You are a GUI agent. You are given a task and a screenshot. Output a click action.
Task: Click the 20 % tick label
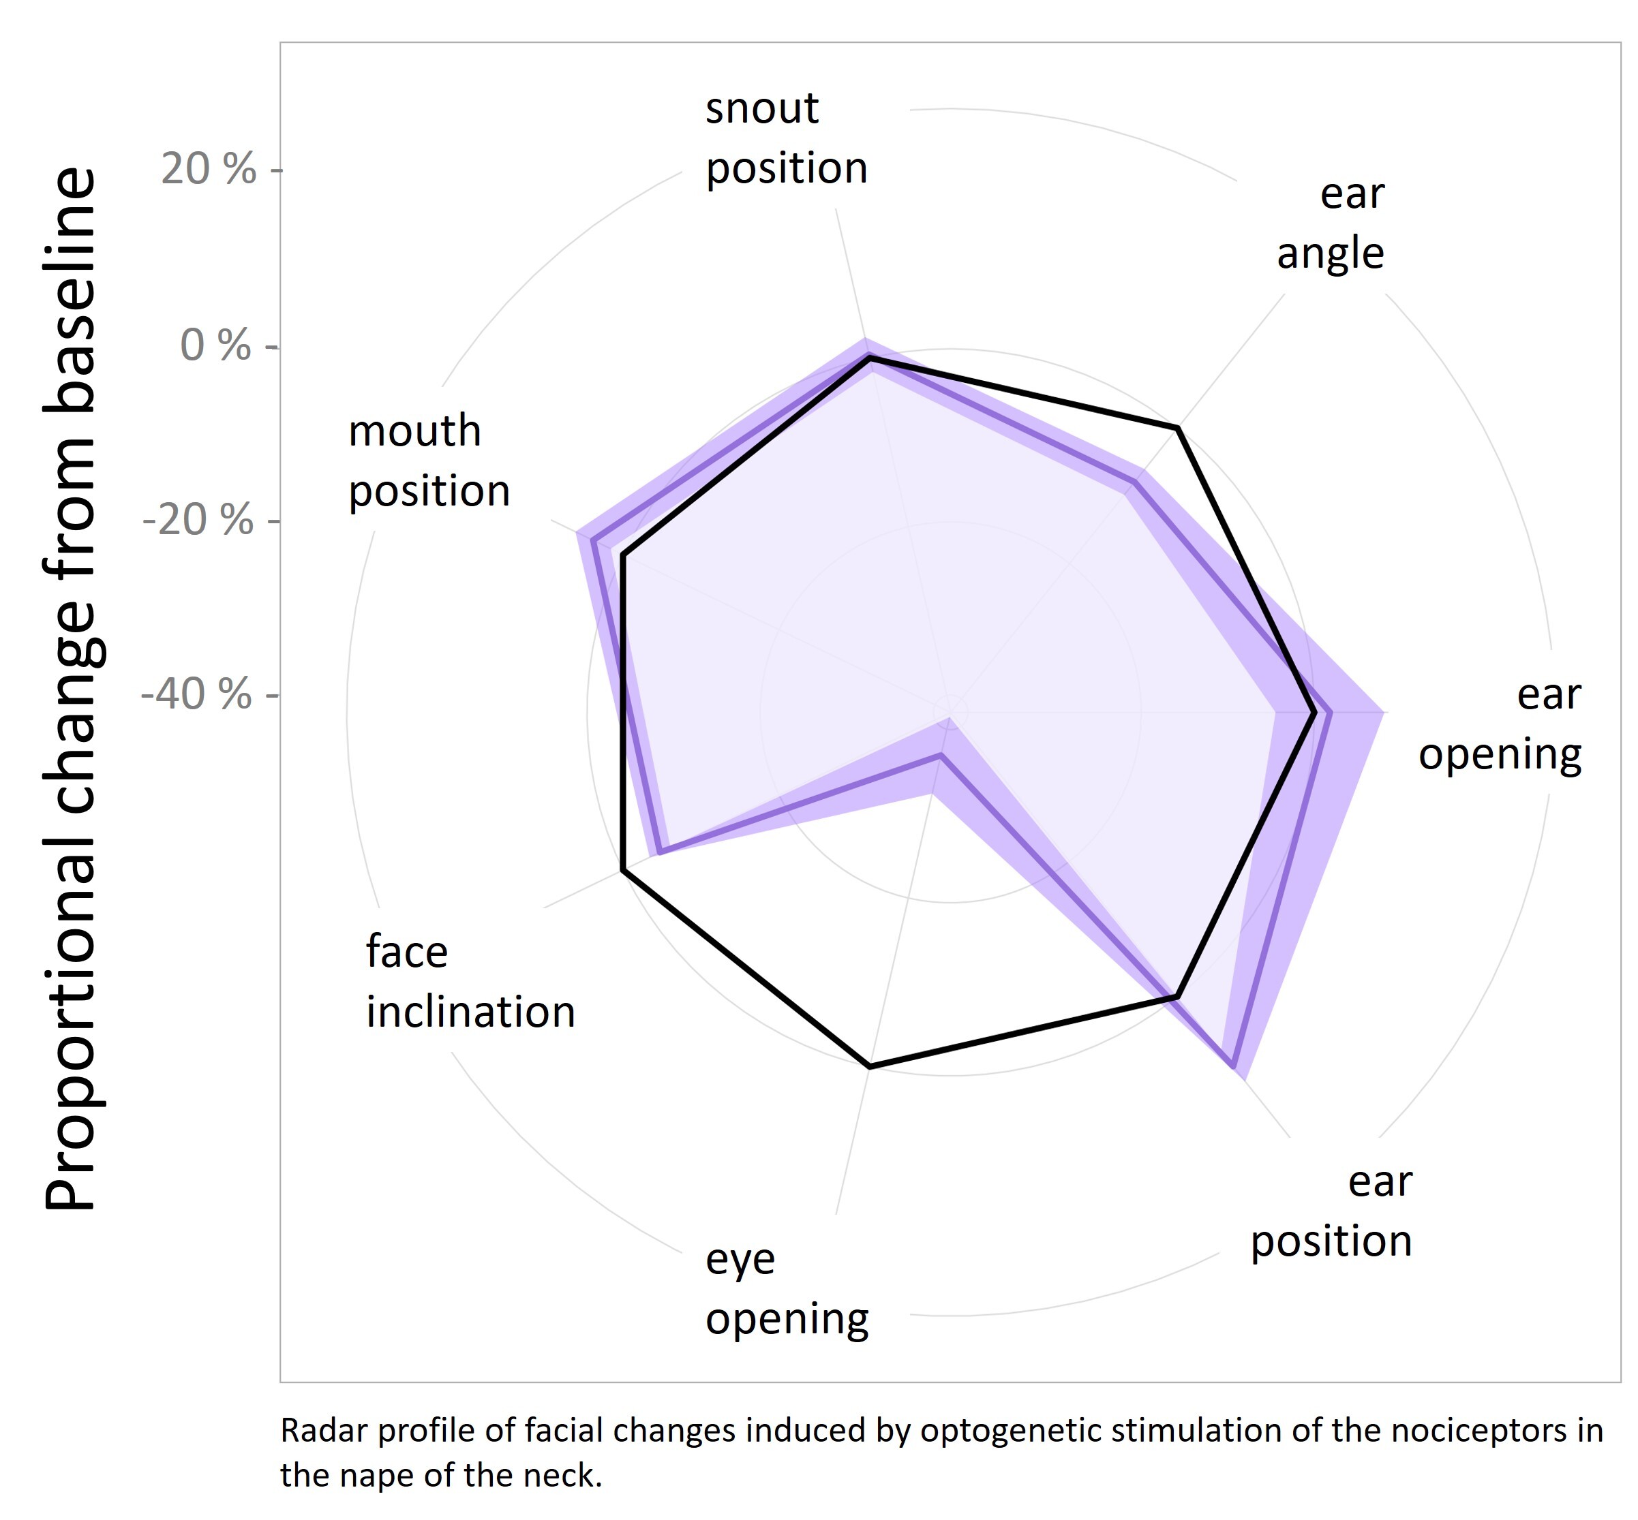(208, 170)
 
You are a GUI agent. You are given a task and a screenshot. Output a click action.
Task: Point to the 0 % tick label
(215, 345)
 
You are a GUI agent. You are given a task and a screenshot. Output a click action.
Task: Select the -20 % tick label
(198, 520)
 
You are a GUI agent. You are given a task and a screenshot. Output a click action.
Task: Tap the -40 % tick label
(196, 694)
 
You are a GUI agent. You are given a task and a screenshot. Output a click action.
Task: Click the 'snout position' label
(786, 138)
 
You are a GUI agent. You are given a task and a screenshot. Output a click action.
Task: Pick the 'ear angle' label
(1331, 223)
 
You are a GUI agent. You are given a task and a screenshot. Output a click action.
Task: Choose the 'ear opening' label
(1499, 725)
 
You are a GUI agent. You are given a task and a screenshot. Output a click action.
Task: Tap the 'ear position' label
(1331, 1211)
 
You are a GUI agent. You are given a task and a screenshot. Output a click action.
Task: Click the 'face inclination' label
(470, 982)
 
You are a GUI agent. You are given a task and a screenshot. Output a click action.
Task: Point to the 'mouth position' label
(429, 461)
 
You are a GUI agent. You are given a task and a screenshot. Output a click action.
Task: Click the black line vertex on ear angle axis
(1178, 428)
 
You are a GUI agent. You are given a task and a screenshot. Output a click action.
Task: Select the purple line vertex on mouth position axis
(592, 540)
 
